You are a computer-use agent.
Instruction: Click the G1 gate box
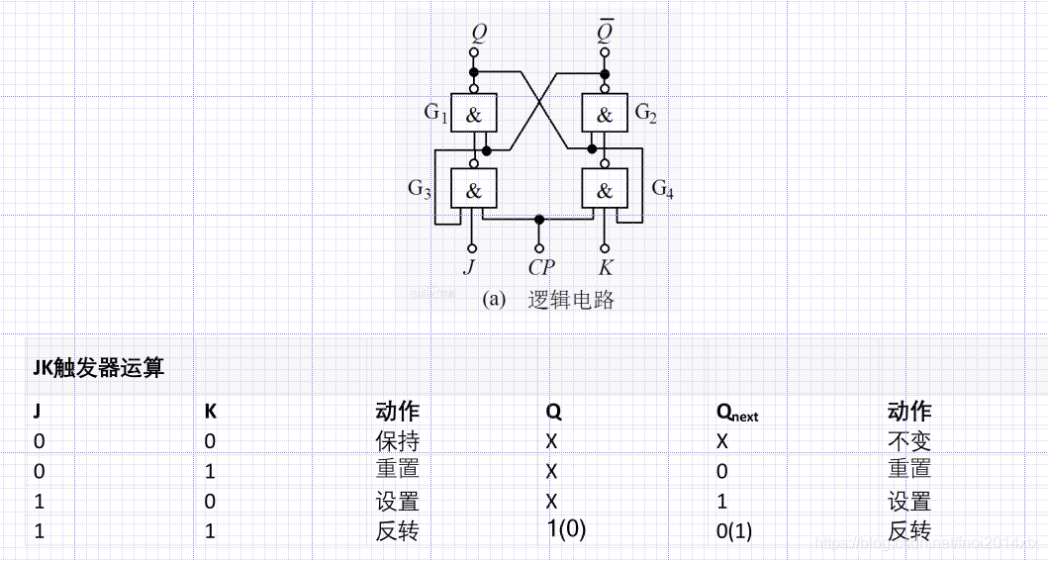click(x=474, y=114)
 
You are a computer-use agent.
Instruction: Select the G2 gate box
click(x=604, y=114)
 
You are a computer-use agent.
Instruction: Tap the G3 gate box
click(x=474, y=188)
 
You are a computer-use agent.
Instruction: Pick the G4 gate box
click(x=604, y=188)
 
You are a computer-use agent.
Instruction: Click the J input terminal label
click(x=469, y=267)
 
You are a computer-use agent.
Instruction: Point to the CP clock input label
click(x=540, y=267)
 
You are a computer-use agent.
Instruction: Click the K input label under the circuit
click(x=605, y=267)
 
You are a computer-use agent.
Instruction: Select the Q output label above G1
click(x=479, y=33)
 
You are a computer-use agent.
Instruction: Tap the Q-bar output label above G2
click(x=605, y=33)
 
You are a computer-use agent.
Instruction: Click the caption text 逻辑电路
click(x=571, y=300)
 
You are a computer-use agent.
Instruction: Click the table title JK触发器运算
click(x=98, y=369)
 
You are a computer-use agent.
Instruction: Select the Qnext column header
click(x=737, y=413)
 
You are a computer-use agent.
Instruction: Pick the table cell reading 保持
click(x=397, y=440)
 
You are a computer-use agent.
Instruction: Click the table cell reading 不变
click(x=908, y=440)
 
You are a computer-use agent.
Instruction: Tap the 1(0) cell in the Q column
click(x=566, y=528)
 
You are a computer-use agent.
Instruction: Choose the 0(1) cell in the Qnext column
click(x=733, y=531)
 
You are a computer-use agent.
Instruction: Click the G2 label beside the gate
click(x=645, y=113)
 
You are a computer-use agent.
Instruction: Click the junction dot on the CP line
click(x=538, y=219)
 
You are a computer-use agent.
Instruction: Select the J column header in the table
click(x=39, y=412)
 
